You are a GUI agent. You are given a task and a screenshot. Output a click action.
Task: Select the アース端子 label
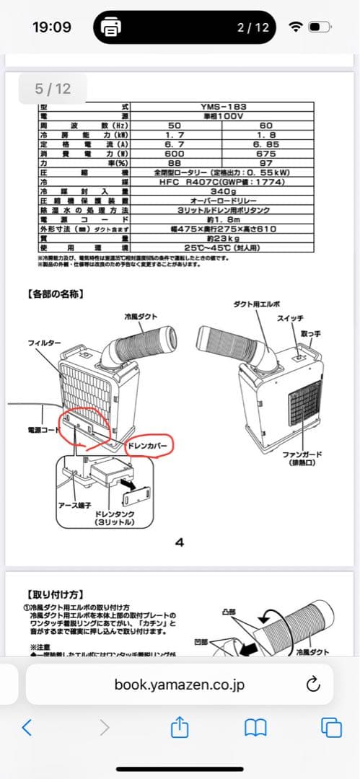[75, 506]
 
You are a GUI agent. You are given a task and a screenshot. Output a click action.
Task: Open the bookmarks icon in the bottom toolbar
[255, 727]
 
